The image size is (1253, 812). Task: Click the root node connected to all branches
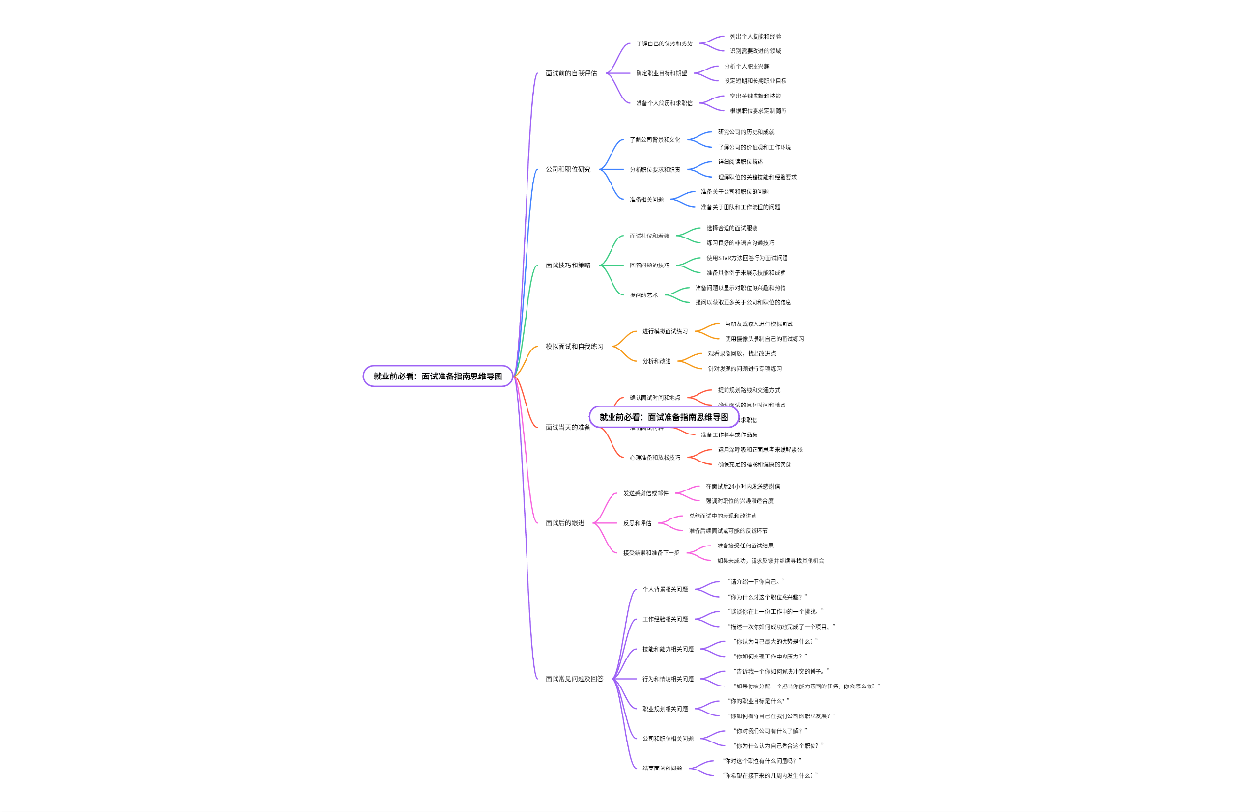(x=438, y=377)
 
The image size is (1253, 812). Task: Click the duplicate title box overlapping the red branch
(x=664, y=417)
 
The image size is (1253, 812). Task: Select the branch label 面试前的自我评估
(x=571, y=73)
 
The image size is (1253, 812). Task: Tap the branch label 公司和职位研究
(x=568, y=169)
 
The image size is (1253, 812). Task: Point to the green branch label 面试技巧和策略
(x=568, y=265)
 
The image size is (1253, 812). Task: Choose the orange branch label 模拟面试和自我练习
(x=574, y=346)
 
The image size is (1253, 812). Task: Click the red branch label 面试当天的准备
(x=568, y=427)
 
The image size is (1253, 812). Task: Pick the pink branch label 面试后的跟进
(x=565, y=523)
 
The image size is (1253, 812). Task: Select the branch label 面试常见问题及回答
(x=574, y=679)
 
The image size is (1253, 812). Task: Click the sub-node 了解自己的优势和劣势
(x=664, y=43)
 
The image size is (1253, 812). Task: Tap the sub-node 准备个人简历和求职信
(x=664, y=102)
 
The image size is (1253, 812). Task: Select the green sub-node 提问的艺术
(x=644, y=294)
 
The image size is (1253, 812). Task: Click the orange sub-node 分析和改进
(x=657, y=361)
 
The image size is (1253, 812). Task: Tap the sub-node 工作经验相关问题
(x=666, y=619)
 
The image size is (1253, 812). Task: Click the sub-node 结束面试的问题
(x=663, y=768)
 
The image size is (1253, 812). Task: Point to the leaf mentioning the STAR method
(x=747, y=258)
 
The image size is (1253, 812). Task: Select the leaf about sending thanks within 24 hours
(x=742, y=486)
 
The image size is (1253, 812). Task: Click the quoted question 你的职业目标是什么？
(x=760, y=701)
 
